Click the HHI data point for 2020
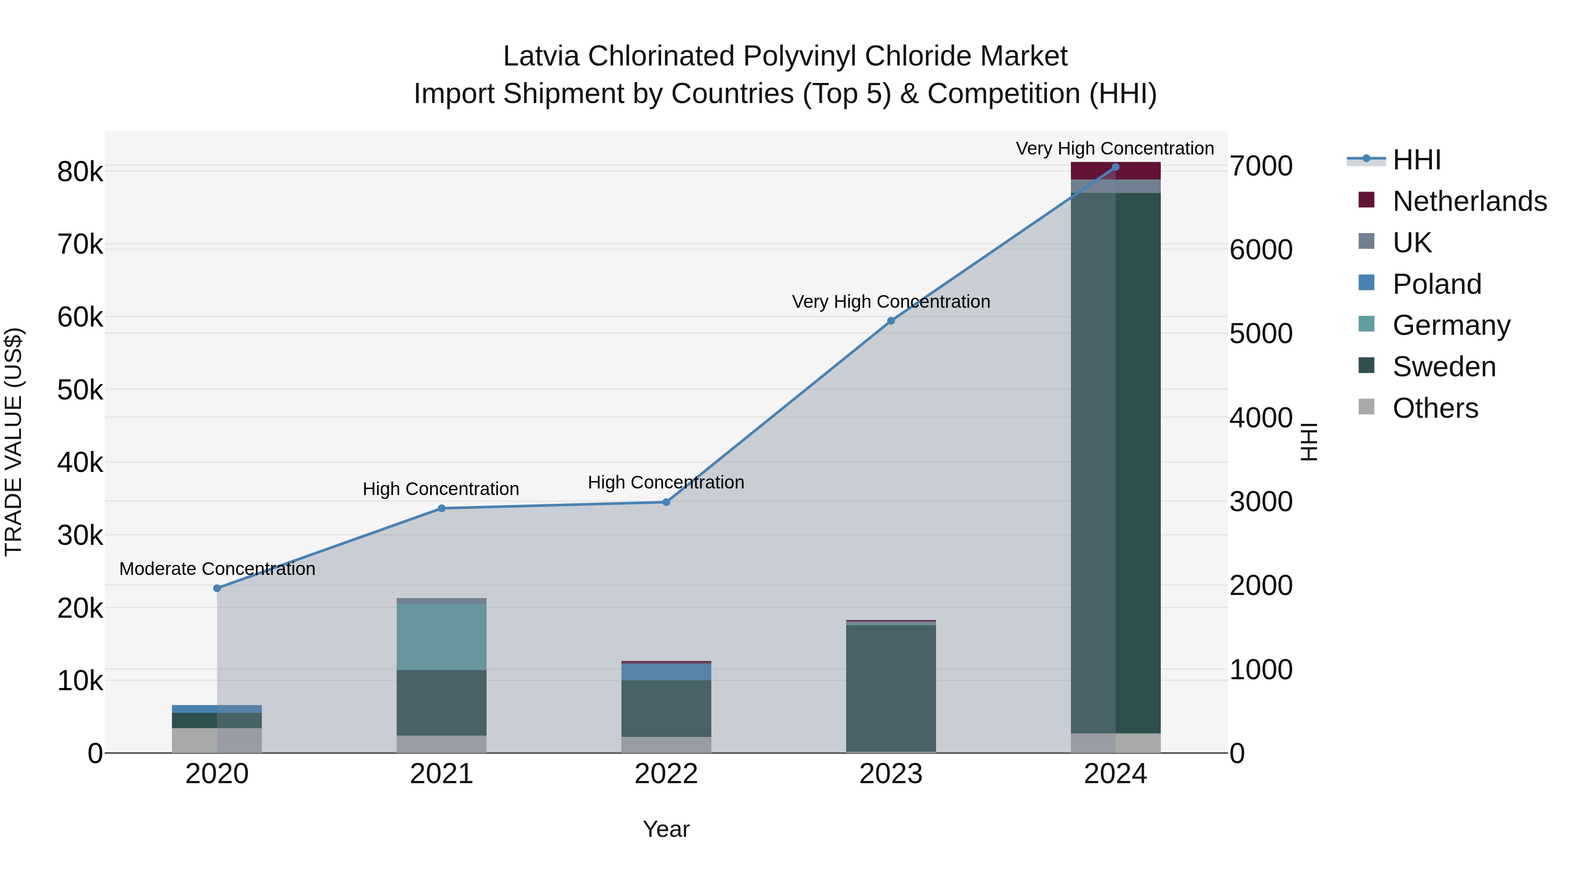(x=217, y=588)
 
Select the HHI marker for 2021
(x=442, y=508)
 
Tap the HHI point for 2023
(x=891, y=321)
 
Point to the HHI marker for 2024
(x=1115, y=167)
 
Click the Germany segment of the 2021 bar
(x=442, y=637)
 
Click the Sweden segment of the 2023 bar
(x=891, y=688)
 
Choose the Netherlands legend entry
(x=1470, y=201)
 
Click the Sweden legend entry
(x=1444, y=367)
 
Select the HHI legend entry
(x=1417, y=160)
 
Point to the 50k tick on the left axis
(x=80, y=390)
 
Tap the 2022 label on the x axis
(x=666, y=774)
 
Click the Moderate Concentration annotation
(x=217, y=568)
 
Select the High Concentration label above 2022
(x=666, y=482)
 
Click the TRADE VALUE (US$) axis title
(x=14, y=442)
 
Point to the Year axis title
(x=666, y=829)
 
